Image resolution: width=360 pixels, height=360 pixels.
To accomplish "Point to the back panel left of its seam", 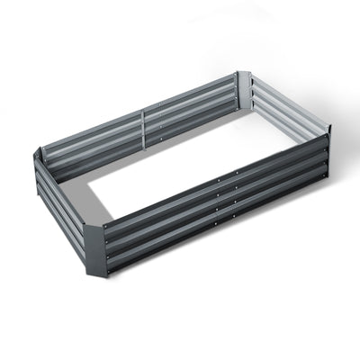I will point(90,144).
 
